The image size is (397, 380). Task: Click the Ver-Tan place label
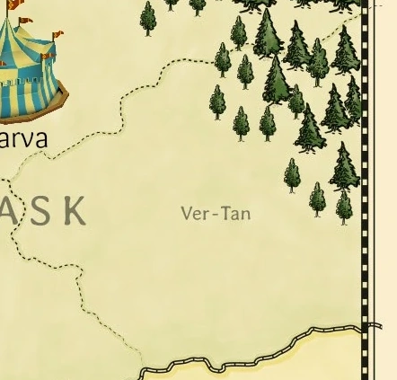coord(216,214)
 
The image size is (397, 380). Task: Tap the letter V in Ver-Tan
coord(187,214)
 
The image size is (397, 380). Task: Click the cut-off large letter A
coord(7,211)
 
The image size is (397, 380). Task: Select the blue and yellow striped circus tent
coord(27,67)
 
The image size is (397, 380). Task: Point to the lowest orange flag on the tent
coord(47,57)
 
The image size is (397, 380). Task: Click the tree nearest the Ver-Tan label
coord(241,122)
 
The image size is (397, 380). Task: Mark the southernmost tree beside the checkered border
coord(344,207)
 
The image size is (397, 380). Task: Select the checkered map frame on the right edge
coord(365,180)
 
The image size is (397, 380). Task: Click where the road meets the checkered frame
coord(364,329)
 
